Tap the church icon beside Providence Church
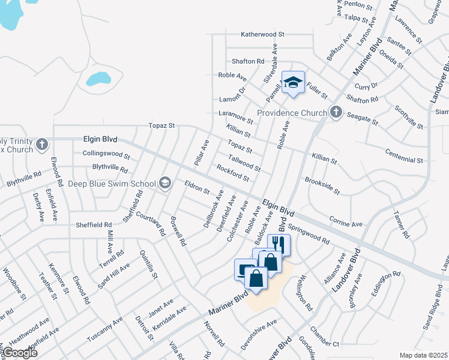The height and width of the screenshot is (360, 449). click(336, 112)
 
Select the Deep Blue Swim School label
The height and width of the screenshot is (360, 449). click(112, 184)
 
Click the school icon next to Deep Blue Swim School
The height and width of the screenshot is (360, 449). click(165, 184)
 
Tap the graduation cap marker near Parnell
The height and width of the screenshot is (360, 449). click(293, 83)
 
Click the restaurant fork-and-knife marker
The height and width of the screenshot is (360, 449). click(278, 244)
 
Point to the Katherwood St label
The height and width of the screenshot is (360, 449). click(262, 35)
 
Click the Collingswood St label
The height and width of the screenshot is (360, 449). click(106, 154)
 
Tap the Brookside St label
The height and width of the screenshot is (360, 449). click(322, 185)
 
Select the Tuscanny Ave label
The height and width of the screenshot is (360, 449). click(104, 329)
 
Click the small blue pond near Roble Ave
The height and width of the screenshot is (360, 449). click(98, 79)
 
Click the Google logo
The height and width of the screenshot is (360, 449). click(20, 353)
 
